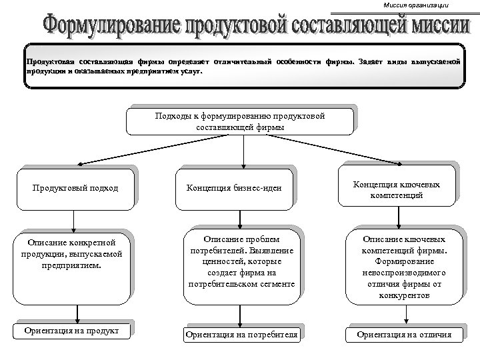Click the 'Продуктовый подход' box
tap(75, 187)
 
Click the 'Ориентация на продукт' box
tap(72, 330)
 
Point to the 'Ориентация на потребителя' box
tap(241, 334)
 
